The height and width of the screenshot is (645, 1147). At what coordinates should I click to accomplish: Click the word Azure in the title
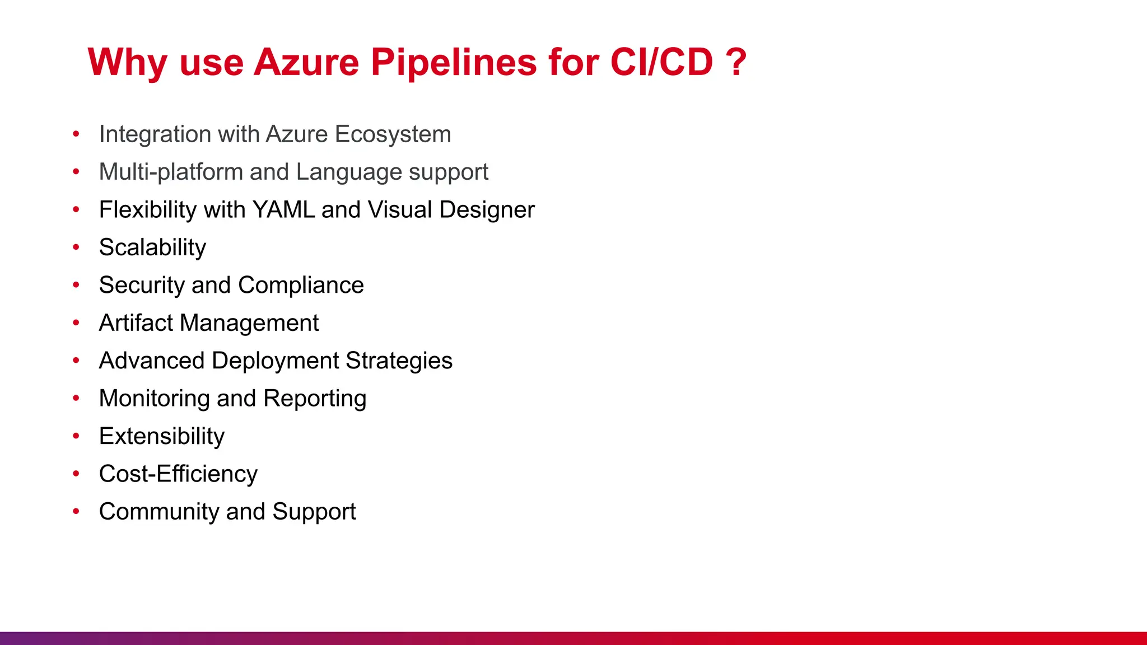[306, 62]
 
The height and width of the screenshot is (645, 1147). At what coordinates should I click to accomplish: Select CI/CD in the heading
[661, 62]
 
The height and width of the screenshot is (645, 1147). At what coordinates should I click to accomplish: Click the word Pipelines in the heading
[454, 62]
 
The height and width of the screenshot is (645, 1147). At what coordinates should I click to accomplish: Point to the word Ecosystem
[393, 134]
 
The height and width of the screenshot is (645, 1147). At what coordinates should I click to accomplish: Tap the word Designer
[487, 210]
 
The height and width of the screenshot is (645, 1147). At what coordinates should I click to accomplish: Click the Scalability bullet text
[152, 247]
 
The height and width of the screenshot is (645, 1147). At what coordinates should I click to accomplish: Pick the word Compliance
[301, 285]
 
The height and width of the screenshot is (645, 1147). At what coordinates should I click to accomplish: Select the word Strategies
[399, 361]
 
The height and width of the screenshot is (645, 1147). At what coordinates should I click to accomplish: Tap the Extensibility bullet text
[161, 436]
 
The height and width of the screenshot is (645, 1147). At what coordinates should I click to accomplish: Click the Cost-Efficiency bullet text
[178, 474]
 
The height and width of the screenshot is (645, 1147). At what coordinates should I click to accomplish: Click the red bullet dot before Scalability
[76, 247]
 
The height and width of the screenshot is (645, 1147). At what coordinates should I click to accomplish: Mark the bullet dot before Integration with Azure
[76, 134]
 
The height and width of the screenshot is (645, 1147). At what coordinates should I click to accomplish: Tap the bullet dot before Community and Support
[76, 511]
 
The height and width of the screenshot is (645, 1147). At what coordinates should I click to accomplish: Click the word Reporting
[315, 399]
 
